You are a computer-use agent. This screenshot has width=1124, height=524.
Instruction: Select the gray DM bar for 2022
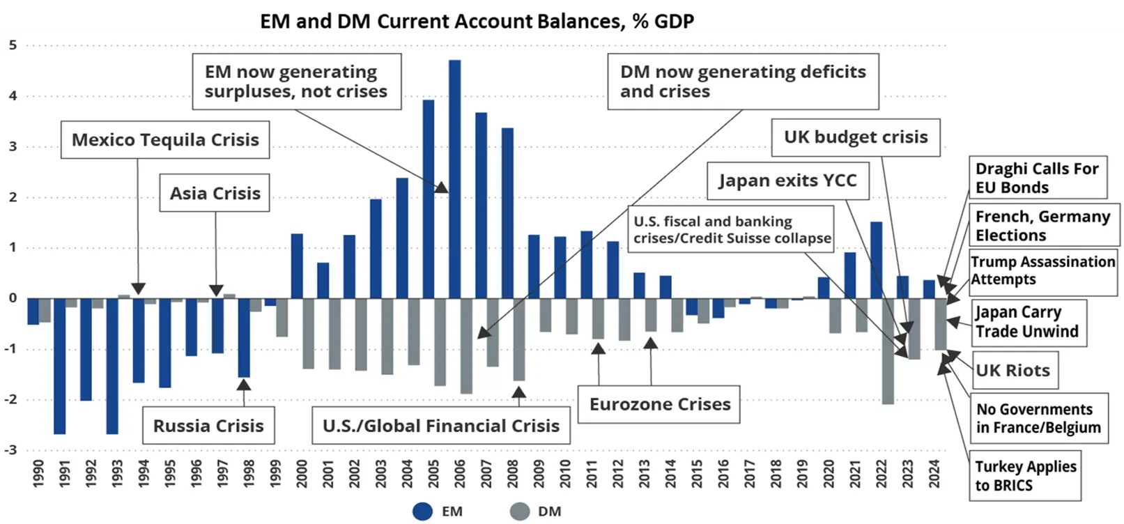[x=888, y=351]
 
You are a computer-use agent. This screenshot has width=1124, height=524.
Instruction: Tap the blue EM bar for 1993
[x=112, y=366]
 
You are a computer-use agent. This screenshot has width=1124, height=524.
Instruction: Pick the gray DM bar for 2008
[x=519, y=339]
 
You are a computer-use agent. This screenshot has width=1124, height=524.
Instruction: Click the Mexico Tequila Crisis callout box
[x=165, y=140]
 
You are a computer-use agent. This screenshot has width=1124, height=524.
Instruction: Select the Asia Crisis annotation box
[x=215, y=193]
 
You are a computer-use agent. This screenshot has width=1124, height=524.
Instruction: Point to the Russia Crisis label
[x=208, y=426]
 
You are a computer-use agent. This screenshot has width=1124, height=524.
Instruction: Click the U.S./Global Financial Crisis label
[x=440, y=426]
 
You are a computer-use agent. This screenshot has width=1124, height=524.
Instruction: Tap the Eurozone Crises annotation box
[x=659, y=404]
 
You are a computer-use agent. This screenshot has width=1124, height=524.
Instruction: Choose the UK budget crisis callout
[x=856, y=137]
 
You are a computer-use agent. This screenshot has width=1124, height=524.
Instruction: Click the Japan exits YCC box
[x=787, y=180]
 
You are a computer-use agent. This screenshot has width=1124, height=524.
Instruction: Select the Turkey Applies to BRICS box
[x=1025, y=476]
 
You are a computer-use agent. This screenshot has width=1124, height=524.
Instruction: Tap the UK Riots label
[x=1013, y=371]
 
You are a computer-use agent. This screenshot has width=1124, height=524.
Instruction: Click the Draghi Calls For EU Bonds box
[x=1037, y=178]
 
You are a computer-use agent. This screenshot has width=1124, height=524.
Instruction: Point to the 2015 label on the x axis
[x=697, y=473]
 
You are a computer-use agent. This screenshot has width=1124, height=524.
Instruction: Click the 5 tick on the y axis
[x=13, y=45]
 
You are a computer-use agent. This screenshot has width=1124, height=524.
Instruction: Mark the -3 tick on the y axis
[x=10, y=449]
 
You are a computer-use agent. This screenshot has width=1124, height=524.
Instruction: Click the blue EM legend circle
[x=422, y=511]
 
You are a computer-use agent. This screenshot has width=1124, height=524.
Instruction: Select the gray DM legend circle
[x=520, y=511]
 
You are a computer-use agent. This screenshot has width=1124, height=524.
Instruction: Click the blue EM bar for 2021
[x=850, y=275]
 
